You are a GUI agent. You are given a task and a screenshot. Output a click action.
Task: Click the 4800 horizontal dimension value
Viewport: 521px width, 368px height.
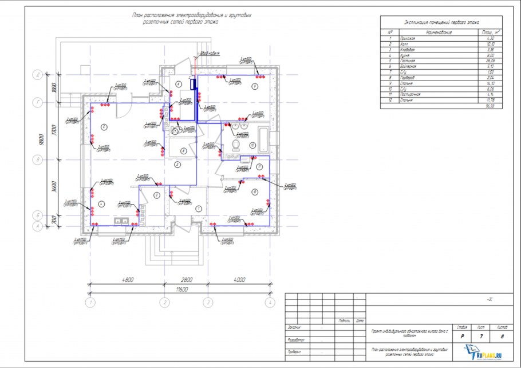127,280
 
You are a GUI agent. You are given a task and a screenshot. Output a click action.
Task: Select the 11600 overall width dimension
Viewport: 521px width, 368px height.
183,290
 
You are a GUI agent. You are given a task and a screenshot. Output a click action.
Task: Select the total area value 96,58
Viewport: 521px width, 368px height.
490,106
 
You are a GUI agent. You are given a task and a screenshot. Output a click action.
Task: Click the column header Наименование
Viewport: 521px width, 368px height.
439,33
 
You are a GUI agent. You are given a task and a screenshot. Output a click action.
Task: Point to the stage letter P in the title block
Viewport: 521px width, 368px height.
462,337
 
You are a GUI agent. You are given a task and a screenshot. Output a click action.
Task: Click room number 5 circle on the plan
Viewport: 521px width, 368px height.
104,126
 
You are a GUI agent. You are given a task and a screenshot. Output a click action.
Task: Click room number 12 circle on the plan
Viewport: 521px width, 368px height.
253,191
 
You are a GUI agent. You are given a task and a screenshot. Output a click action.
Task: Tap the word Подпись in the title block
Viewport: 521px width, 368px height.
345,321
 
